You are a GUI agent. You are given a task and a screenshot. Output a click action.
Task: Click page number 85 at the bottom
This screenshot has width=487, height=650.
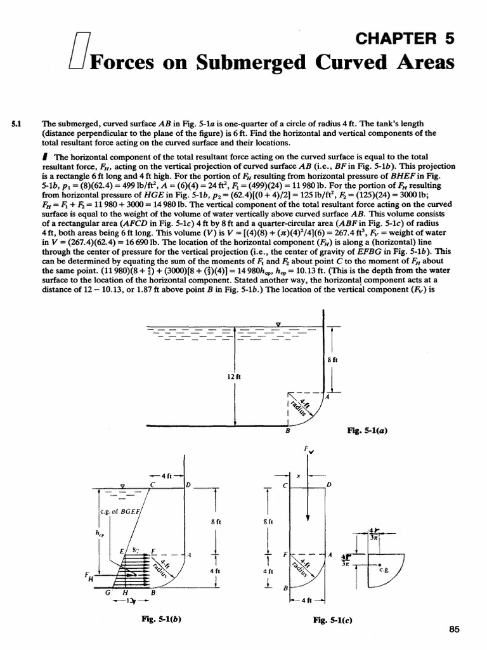coord(453,629)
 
